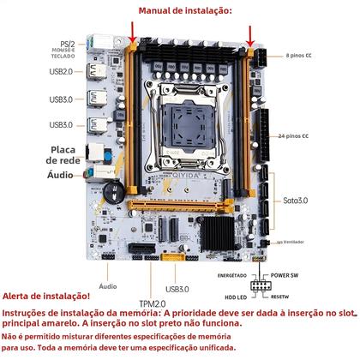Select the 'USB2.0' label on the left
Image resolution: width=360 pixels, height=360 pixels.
pyautogui.click(x=61, y=73)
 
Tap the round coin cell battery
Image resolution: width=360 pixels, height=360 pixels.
pyautogui.click(x=110, y=185)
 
